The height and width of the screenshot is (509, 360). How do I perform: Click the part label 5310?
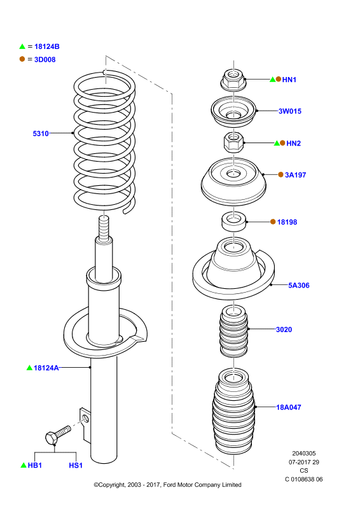(x=41, y=134)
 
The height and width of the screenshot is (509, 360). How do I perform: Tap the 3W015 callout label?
(x=290, y=111)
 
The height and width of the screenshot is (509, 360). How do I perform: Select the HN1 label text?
(x=289, y=80)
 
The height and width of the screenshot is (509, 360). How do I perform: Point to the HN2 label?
(x=293, y=143)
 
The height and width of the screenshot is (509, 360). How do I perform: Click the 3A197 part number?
(x=295, y=175)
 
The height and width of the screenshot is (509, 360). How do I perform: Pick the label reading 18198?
(x=287, y=222)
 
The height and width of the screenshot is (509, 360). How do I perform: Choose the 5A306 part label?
(x=299, y=285)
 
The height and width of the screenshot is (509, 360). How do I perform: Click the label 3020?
(x=284, y=330)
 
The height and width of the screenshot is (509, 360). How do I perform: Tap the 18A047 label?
(x=289, y=407)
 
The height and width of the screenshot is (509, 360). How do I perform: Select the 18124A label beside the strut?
(x=46, y=368)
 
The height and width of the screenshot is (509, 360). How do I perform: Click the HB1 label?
(x=35, y=465)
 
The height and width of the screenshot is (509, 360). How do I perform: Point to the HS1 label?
(x=76, y=465)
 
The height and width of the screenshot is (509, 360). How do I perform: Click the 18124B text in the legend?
(x=46, y=46)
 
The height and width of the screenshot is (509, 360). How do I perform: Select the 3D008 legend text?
(x=45, y=59)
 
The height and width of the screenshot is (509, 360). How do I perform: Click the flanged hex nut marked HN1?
(x=233, y=80)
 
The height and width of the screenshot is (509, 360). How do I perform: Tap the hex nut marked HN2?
(x=233, y=143)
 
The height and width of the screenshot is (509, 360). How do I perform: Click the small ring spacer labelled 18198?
(x=233, y=221)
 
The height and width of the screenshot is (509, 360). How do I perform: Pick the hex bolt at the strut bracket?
(x=58, y=435)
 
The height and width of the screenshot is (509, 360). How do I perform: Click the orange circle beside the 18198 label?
(x=273, y=221)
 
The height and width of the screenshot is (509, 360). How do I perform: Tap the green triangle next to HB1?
(x=24, y=465)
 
